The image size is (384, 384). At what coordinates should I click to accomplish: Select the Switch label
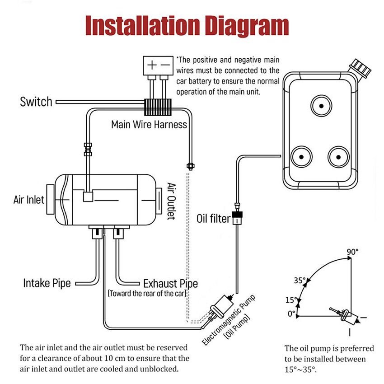click(x=36, y=102)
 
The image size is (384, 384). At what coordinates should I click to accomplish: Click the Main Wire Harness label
click(x=149, y=125)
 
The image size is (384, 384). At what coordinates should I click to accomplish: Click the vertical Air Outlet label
click(x=171, y=201)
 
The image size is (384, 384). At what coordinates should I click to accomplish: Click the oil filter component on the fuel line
click(x=237, y=219)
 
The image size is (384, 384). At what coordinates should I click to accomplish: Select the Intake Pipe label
click(x=47, y=283)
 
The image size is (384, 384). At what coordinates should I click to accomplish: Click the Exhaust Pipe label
click(x=170, y=284)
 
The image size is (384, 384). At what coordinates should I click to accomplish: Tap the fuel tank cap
click(x=361, y=67)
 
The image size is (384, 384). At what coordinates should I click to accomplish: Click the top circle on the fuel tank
click(x=321, y=106)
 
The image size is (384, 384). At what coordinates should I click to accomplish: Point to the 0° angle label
click(x=291, y=313)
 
